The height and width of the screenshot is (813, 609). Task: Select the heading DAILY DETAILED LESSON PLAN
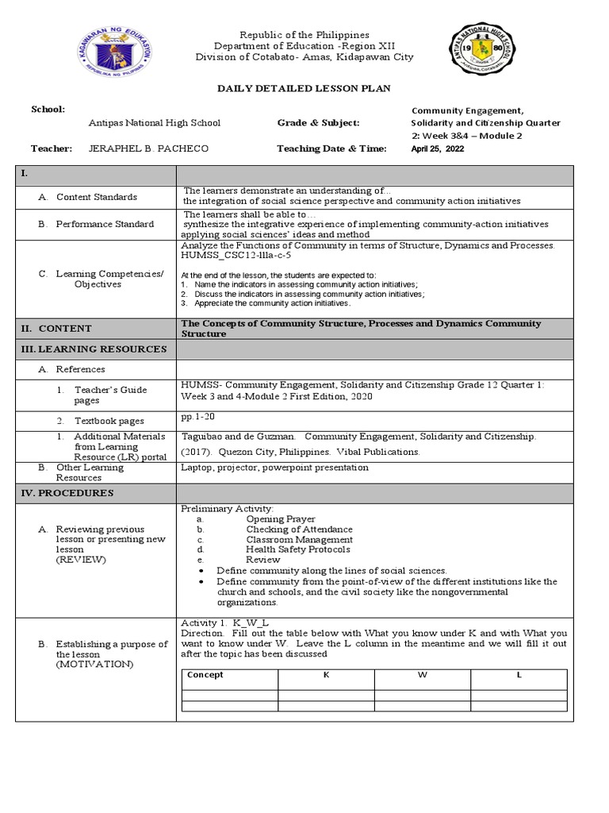(304, 88)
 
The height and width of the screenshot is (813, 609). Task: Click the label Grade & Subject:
(318, 123)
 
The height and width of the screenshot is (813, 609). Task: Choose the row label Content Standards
(96, 197)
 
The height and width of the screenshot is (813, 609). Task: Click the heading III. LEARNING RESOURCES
(93, 349)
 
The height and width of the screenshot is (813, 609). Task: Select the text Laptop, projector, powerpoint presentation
(274, 468)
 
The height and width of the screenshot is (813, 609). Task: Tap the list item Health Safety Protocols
(297, 549)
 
